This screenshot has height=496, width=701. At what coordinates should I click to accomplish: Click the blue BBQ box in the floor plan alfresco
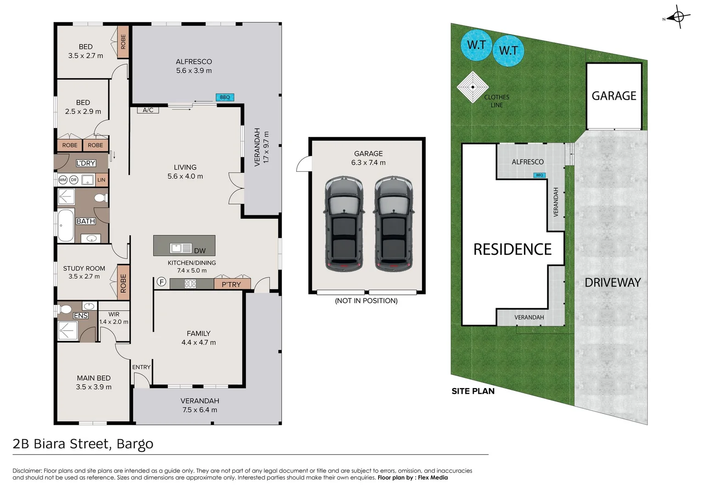225,97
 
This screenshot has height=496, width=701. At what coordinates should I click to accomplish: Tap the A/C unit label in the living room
148,110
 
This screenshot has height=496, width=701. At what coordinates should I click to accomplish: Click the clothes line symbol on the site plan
472,87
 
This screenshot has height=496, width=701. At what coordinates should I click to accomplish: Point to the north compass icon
678,18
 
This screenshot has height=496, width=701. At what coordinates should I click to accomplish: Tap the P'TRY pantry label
231,284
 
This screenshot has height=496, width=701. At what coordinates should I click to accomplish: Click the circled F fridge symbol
161,282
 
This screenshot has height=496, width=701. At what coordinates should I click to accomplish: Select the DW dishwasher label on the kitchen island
200,251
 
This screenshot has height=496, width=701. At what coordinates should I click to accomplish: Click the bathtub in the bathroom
66,225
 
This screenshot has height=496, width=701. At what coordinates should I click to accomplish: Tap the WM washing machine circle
63,180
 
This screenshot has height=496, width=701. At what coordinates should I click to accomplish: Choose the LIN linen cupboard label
101,180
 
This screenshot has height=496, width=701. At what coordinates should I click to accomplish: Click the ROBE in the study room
123,283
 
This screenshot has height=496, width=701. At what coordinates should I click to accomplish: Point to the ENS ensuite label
81,316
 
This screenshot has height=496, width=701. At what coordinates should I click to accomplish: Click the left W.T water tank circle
476,45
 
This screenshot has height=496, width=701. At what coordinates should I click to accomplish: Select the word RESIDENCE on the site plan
512,249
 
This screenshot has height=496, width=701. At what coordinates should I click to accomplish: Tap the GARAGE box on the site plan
614,96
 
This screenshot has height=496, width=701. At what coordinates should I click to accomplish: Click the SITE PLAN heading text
473,391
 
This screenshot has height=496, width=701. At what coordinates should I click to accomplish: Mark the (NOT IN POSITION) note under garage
366,301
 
